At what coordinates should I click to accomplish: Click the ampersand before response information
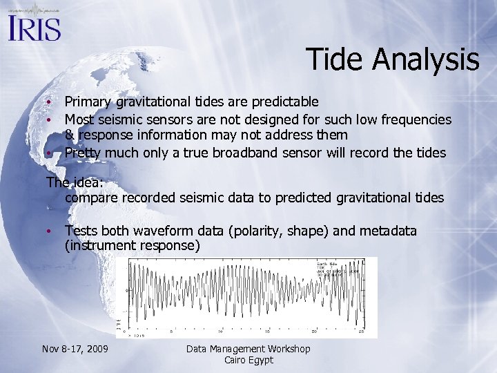coord(70,135)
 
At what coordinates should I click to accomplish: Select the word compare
coord(92,198)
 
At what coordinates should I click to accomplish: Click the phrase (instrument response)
coord(132,246)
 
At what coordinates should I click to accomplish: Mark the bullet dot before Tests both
coord(50,231)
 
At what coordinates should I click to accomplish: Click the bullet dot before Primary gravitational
coord(50,102)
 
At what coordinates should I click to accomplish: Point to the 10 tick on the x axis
coord(219,331)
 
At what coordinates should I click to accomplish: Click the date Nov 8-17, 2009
coord(74,349)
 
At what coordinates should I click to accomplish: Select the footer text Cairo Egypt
coord(248,360)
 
